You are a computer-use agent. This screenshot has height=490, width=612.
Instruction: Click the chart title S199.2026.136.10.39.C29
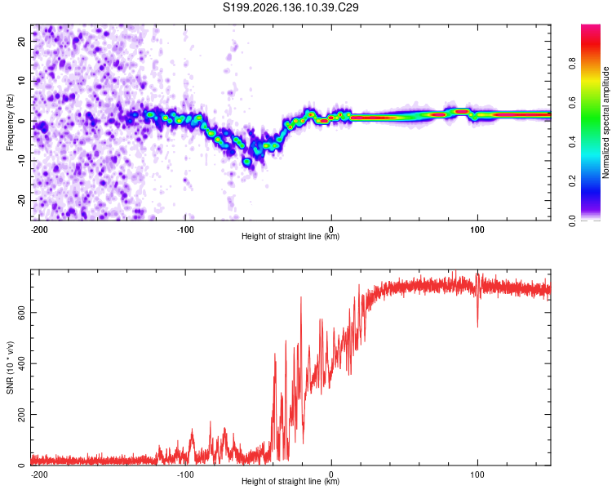tap(290, 7)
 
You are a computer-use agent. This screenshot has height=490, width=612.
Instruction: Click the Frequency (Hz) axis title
tap(10, 122)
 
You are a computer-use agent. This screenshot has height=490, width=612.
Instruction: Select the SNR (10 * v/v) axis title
tap(10, 367)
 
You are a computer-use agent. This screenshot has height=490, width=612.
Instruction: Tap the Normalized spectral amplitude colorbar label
tap(605, 122)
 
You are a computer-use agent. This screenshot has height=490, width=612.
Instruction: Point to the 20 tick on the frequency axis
tap(22, 41)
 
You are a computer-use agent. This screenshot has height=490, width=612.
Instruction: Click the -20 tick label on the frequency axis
tap(22, 200)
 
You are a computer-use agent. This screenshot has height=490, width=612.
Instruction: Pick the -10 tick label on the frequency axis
tap(22, 161)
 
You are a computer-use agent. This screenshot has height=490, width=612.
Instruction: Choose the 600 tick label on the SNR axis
tap(22, 313)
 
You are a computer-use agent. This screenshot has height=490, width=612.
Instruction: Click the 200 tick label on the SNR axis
tap(22, 414)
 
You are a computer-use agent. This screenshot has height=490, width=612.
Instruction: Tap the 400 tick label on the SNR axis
tap(22, 363)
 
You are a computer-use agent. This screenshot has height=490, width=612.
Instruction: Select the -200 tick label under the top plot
tap(39, 229)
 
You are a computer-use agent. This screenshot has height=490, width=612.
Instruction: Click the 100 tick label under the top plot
tap(477, 229)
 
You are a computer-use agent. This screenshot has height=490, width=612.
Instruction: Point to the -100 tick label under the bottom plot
tap(185, 474)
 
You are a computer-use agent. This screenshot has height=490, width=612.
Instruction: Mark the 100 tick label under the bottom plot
tap(477, 474)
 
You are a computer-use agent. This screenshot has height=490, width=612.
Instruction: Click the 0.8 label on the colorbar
tap(572, 63)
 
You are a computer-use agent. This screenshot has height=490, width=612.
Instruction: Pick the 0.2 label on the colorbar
tap(572, 181)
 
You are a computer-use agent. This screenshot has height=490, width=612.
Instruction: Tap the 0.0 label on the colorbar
tap(572, 220)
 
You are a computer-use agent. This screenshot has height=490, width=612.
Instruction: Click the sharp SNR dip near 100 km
tap(477, 313)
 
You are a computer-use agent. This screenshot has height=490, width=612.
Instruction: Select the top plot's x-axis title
tap(290, 236)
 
